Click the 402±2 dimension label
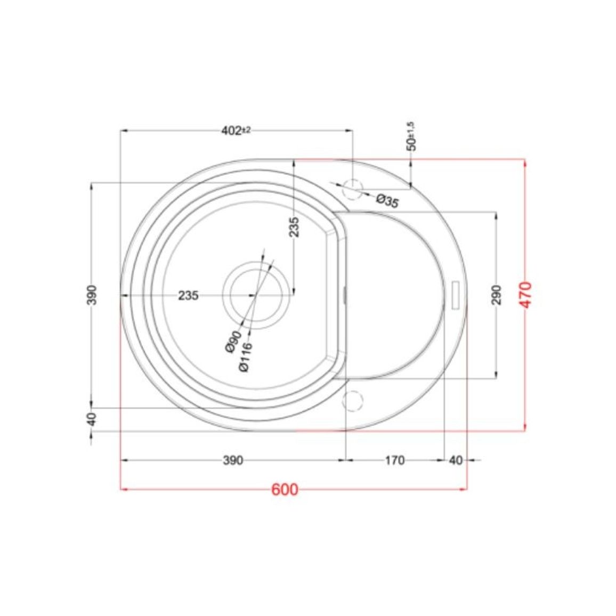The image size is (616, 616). tap(236, 131)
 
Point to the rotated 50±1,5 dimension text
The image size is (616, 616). tap(411, 136)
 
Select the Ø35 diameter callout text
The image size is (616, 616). tap(387, 201)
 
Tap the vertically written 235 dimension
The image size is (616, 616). tap(294, 226)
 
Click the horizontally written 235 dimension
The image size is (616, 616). tap(189, 295)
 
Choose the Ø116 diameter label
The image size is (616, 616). tap(245, 356)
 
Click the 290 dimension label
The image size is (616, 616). tap(497, 295)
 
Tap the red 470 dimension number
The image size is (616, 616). tap(526, 295)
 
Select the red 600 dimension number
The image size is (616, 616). tap(285, 490)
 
